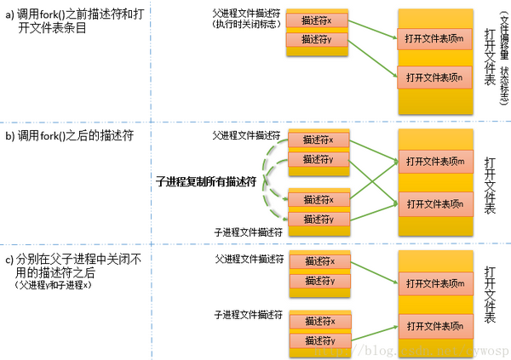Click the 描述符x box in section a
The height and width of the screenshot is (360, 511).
(317, 20)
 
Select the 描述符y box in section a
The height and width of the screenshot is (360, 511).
(317, 39)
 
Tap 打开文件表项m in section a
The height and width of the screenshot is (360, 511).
(434, 37)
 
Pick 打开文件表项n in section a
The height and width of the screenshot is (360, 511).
(434, 78)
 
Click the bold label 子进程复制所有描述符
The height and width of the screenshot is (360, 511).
(206, 181)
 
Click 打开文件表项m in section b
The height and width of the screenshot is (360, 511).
(434, 161)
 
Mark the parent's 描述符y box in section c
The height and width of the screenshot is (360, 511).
(318, 281)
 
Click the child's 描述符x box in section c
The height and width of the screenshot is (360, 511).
(318, 321)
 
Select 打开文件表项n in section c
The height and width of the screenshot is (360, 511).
(434, 326)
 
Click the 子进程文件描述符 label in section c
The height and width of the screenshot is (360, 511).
(248, 315)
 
